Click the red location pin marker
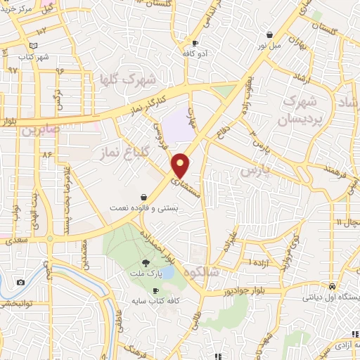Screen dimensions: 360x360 181,165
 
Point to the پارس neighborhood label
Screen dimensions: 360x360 255,170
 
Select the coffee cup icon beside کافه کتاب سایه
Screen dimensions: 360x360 155,290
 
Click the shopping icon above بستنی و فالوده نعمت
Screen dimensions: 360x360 143,198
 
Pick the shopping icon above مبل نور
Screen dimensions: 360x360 269,34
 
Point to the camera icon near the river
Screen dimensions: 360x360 20,283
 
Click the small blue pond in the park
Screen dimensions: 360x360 167,271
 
